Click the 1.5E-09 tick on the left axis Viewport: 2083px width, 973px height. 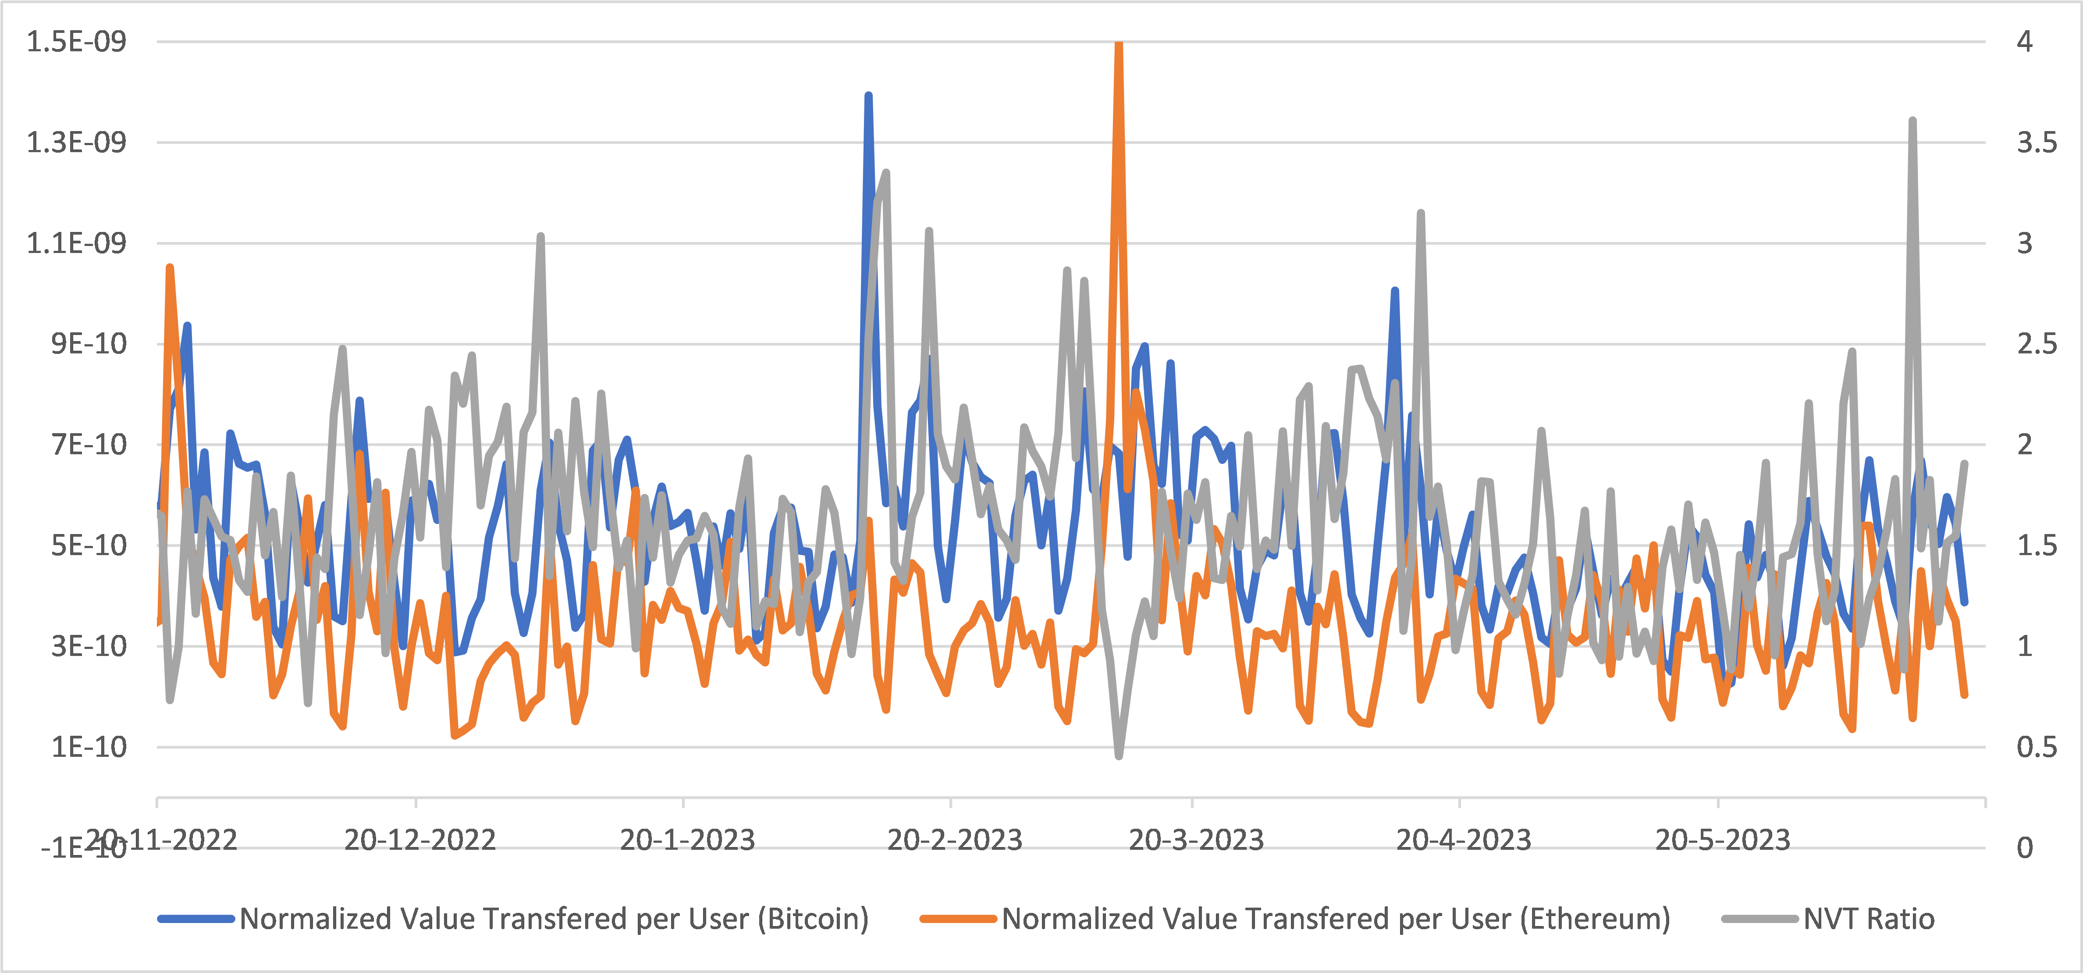[x=77, y=41]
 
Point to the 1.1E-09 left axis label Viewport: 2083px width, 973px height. [x=77, y=242]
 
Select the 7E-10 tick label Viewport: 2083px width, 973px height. [x=89, y=444]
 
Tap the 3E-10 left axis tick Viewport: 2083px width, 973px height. [x=89, y=645]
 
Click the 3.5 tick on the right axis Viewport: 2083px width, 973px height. [x=2036, y=143]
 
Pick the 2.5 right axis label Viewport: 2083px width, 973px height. [x=2036, y=344]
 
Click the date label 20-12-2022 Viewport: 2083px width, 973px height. [x=419, y=840]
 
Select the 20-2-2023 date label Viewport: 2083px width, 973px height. [x=955, y=840]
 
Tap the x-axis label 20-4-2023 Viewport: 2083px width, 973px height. [x=1464, y=840]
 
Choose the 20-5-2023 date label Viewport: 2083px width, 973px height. [x=1722, y=840]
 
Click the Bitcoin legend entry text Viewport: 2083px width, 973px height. [x=554, y=919]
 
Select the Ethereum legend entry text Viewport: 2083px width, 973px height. [x=1336, y=919]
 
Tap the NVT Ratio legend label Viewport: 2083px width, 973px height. [x=1869, y=919]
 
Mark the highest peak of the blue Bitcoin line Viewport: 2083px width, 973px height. [x=868, y=96]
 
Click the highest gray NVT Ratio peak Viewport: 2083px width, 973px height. [x=1912, y=121]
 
